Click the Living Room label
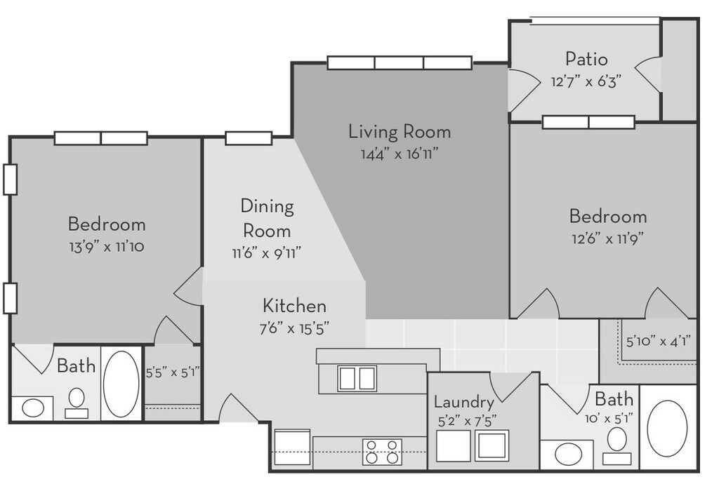click(x=400, y=131)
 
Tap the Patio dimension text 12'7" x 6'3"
click(x=586, y=81)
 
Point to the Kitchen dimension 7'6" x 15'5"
click(x=294, y=328)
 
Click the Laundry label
click(x=463, y=402)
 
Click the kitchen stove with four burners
click(x=382, y=452)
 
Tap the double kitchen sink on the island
click(x=357, y=378)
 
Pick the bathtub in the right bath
click(x=666, y=429)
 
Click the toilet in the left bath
click(x=77, y=402)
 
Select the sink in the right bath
click(x=568, y=454)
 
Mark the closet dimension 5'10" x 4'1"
click(x=658, y=342)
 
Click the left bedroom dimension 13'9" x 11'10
click(x=107, y=247)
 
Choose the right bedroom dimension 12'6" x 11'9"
click(x=607, y=237)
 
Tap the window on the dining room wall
click(x=249, y=138)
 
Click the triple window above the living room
click(x=399, y=62)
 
